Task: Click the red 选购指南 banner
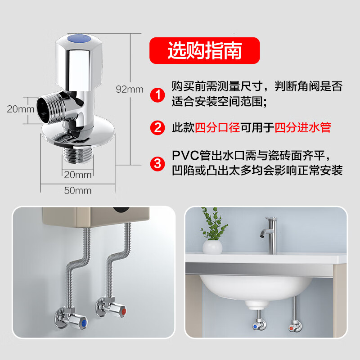click(x=205, y=50)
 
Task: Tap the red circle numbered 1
click(x=157, y=95)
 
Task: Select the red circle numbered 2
click(x=157, y=128)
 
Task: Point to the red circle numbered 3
click(x=157, y=163)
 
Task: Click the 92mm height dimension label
click(x=130, y=90)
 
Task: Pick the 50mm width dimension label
click(x=78, y=190)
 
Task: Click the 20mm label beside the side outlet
click(x=20, y=109)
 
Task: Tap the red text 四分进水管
click(x=302, y=128)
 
